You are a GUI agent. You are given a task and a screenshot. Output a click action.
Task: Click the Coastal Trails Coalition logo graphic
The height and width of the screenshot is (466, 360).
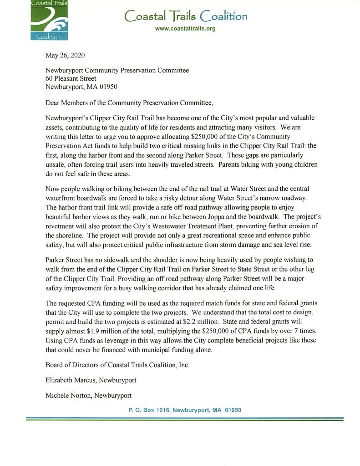(49, 20)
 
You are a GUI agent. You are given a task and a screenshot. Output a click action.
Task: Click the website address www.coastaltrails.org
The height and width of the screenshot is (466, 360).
(185, 29)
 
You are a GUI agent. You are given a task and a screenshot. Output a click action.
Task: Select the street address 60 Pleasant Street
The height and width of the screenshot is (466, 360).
(71, 78)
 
